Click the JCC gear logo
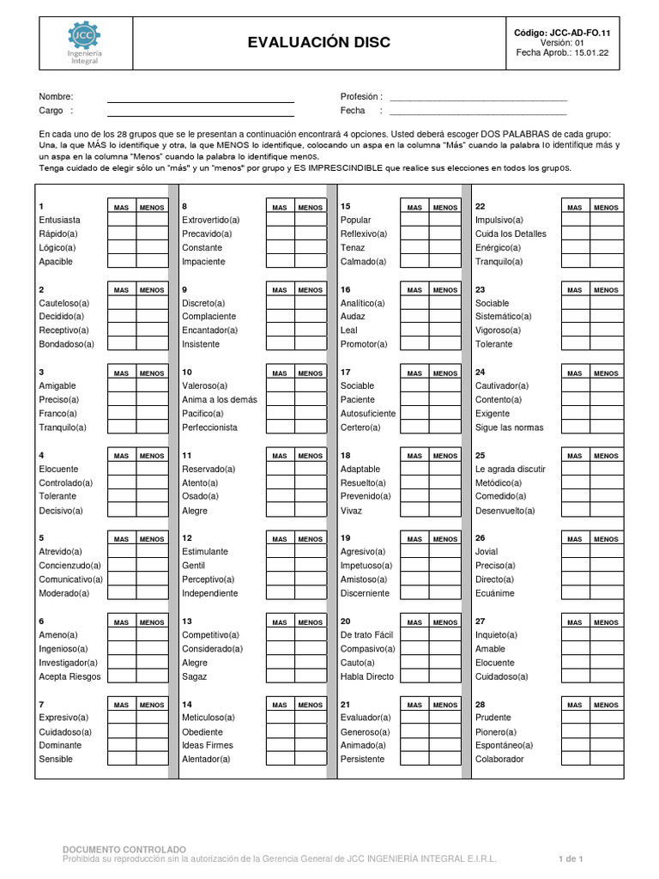(83, 35)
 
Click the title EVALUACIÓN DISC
(318, 42)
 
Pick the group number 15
(346, 207)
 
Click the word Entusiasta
(60, 221)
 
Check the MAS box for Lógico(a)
(122, 248)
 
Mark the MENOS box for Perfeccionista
(310, 427)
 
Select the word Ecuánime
(494, 593)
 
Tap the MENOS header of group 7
(152, 705)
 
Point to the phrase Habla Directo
(367, 676)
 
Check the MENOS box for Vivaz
(444, 511)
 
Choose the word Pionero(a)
(495, 731)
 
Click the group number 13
(187, 621)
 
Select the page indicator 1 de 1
(571, 858)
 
